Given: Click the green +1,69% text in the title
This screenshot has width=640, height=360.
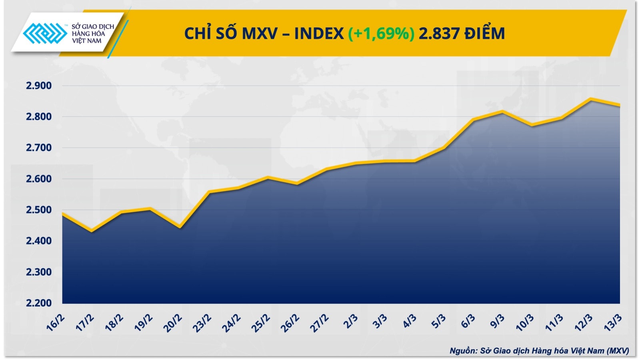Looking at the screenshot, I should [381, 34].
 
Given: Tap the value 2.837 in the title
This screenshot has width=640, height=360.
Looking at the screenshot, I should [438, 34].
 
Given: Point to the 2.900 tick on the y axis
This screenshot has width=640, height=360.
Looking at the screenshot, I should [39, 86].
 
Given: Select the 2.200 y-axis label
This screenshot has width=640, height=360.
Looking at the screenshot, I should [39, 303].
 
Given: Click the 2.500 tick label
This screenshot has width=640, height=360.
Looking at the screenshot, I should [39, 210].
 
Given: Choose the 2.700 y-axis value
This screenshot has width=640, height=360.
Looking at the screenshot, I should [39, 148].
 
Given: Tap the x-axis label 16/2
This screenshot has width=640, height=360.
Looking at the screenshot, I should [55, 323].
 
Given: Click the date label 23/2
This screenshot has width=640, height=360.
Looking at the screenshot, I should [202, 323].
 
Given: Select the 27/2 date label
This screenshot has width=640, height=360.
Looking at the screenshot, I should [319, 323].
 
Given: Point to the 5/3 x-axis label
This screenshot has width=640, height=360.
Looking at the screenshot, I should [438, 321].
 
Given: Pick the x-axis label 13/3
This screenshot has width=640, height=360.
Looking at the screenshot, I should [612, 323].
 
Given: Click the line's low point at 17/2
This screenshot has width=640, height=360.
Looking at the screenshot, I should [92, 231].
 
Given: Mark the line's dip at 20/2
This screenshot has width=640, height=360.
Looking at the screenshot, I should [180, 228].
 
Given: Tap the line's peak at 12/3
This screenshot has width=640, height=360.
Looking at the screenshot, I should [590, 98].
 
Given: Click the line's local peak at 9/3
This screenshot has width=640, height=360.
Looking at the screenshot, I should [502, 111].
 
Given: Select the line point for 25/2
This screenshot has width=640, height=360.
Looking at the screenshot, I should [268, 177].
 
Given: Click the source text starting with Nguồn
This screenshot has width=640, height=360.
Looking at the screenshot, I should [539, 351].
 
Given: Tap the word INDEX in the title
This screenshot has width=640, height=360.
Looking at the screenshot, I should [319, 34].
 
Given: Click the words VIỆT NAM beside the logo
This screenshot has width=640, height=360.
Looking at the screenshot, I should [87, 41].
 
